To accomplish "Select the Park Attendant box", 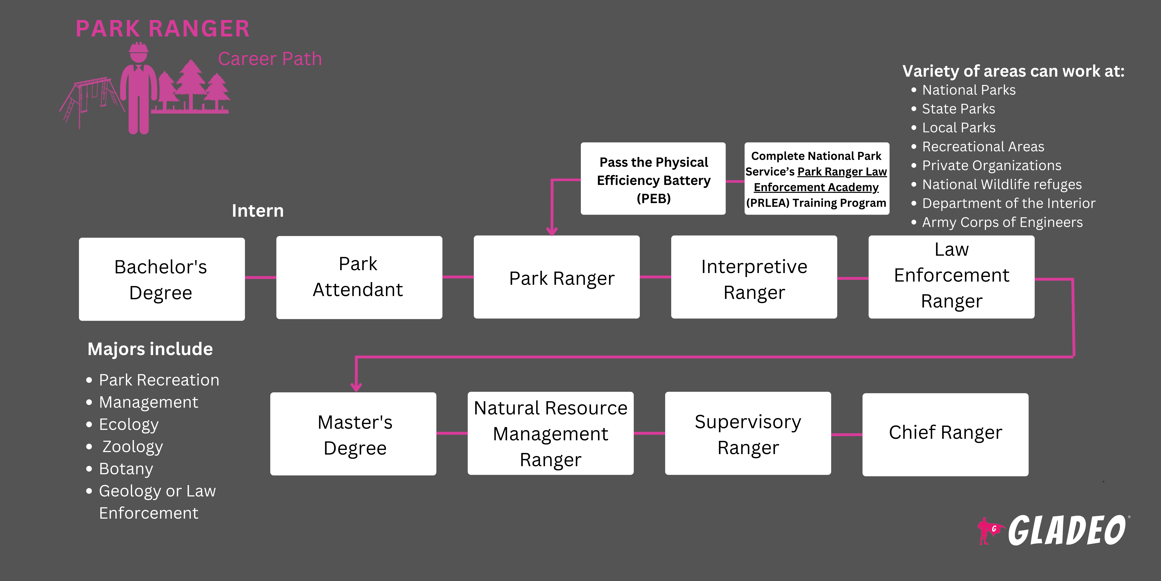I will [359, 277].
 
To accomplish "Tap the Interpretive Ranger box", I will [754, 277].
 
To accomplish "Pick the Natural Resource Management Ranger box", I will [550, 433].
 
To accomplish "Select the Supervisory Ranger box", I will [748, 433].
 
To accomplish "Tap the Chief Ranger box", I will [945, 434].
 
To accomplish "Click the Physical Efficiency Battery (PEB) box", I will [653, 179].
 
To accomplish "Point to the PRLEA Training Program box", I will [816, 179].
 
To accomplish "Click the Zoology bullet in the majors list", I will [132, 447].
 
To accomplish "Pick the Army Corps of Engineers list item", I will [1002, 222].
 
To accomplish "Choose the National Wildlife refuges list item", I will [1001, 184].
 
